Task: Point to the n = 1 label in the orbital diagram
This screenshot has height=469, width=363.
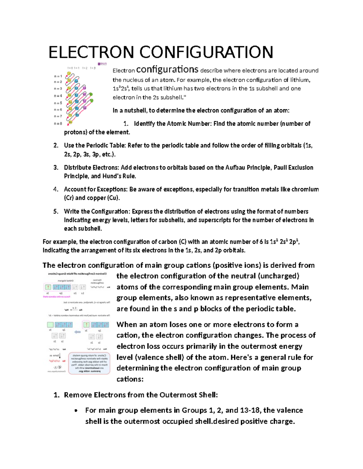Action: tap(58, 76)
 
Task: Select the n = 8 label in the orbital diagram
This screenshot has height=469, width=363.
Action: tap(58, 124)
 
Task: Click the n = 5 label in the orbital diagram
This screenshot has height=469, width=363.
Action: tap(58, 103)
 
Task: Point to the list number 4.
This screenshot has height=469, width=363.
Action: tap(55, 189)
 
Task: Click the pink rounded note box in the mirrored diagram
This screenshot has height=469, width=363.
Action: tap(89, 363)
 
